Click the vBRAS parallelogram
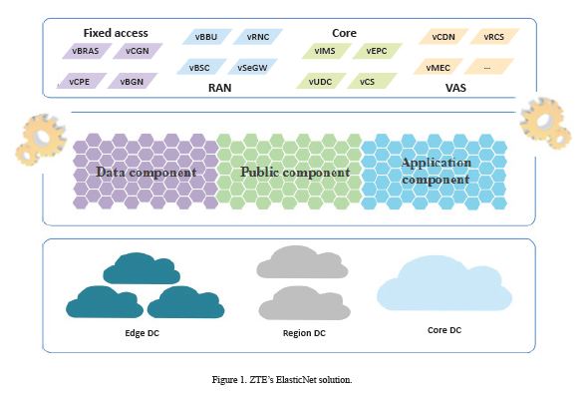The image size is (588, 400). [x=87, y=51]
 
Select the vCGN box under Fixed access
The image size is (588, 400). [x=138, y=51]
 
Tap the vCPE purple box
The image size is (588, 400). [x=82, y=81]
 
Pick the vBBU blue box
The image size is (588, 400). [x=207, y=37]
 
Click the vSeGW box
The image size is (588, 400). [x=253, y=67]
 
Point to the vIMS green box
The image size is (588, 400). [x=326, y=51]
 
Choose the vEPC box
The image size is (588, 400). [x=378, y=51]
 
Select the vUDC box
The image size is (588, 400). [x=321, y=81]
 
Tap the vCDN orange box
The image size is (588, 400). [x=443, y=37]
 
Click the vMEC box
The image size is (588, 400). [x=439, y=67]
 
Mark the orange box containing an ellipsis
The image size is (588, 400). [x=489, y=67]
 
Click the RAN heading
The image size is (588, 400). [x=219, y=88]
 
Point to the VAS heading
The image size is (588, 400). [x=455, y=88]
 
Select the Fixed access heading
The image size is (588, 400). [x=116, y=33]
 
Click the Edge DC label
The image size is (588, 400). [x=143, y=333]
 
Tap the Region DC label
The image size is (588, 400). [x=304, y=333]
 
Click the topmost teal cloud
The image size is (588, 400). [x=142, y=269]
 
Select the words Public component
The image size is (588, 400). [x=295, y=173]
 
